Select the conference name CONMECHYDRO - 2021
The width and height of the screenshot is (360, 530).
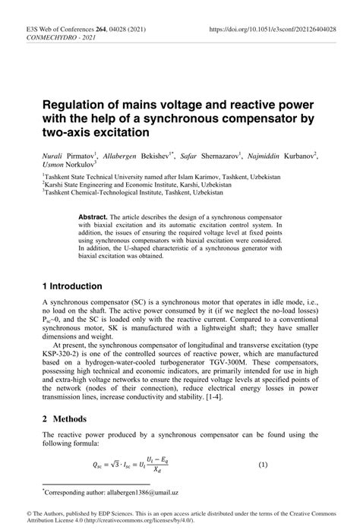(x=52, y=37)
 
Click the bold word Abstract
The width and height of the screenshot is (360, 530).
(x=93, y=216)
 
